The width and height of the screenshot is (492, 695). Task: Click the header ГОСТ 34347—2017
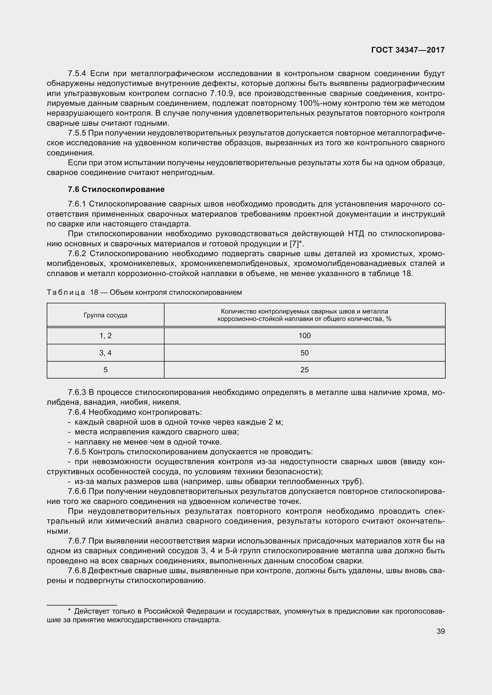(x=408, y=50)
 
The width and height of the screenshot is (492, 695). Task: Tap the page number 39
(x=441, y=631)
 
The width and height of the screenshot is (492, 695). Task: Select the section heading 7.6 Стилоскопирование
(x=116, y=190)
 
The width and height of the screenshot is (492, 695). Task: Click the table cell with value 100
(x=305, y=335)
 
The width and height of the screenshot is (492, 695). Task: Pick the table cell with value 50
(x=305, y=353)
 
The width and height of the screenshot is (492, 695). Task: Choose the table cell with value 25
(x=305, y=370)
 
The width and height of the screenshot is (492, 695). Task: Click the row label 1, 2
(x=105, y=335)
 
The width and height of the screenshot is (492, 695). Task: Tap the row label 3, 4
(x=105, y=353)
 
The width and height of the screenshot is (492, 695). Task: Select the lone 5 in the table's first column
(x=105, y=370)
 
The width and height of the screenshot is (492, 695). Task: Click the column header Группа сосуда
(x=105, y=315)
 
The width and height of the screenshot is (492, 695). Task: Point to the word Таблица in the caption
(x=66, y=292)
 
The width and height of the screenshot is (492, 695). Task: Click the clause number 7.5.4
(x=77, y=74)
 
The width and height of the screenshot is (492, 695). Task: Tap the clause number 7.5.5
(x=77, y=133)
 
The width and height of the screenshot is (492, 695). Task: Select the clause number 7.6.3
(x=77, y=392)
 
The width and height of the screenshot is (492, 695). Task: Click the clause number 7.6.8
(x=77, y=571)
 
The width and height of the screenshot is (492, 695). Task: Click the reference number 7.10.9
(x=221, y=94)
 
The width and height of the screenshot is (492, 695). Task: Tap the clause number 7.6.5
(x=77, y=452)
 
